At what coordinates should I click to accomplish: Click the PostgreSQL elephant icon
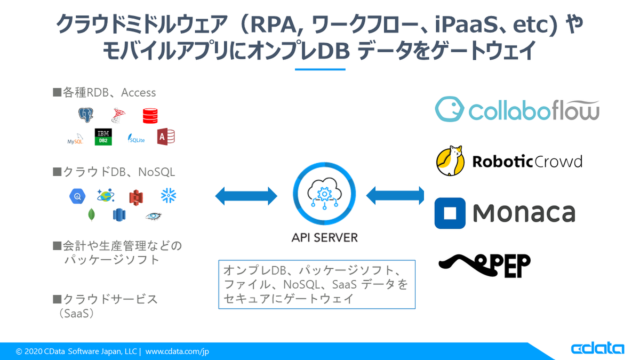[85, 115]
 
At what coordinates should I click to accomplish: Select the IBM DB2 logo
[103, 137]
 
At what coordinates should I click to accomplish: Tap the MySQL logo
[75, 139]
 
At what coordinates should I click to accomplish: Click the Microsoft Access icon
[166, 137]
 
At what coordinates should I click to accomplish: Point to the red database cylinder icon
[150, 115]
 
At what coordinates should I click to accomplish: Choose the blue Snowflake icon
[169, 196]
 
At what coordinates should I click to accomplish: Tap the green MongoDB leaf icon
[92, 215]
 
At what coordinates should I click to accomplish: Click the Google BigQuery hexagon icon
[77, 197]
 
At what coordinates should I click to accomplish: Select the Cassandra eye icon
[153, 215]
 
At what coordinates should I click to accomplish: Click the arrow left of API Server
[246, 196]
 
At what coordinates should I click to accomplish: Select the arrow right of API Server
[395, 196]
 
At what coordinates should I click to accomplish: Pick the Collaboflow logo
[517, 109]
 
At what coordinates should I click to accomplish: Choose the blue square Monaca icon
[450, 213]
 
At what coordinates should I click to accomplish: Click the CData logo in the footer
[597, 349]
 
